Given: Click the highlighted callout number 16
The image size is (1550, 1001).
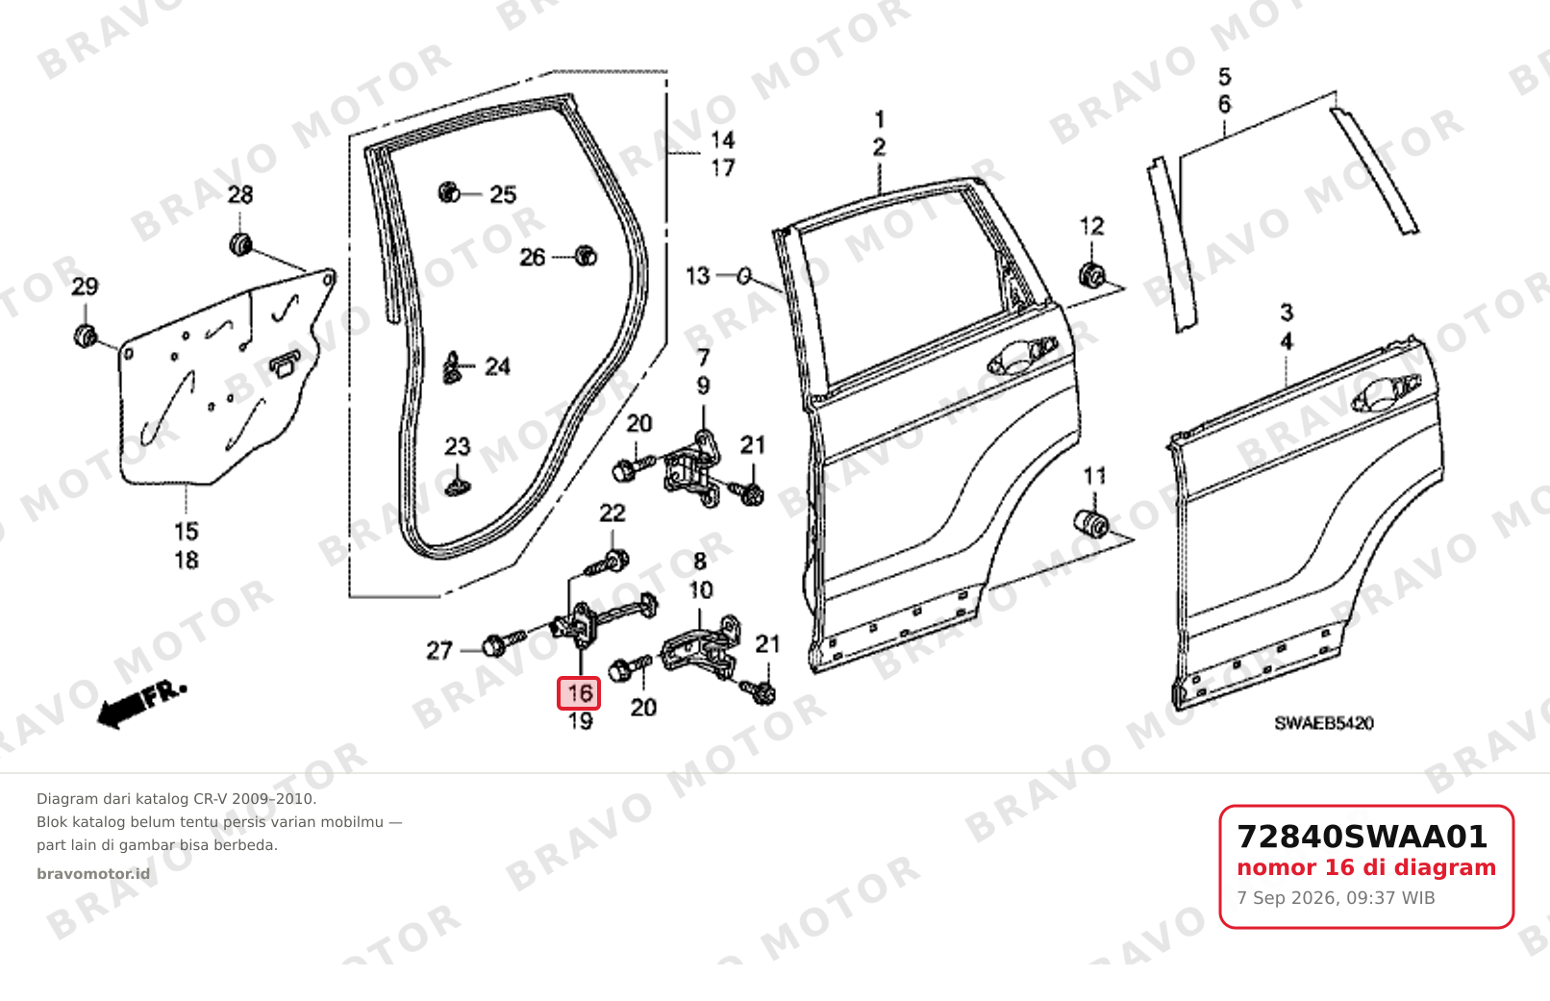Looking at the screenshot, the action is pyautogui.click(x=579, y=693).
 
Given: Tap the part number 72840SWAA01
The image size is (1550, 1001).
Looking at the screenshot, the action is pyautogui.click(x=1362, y=837).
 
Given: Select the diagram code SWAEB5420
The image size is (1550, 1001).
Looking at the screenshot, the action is pyautogui.click(x=1324, y=724).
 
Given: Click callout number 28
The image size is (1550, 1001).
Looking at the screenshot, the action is pyautogui.click(x=240, y=195).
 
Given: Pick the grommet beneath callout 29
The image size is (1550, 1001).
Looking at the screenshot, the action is pyautogui.click(x=86, y=336).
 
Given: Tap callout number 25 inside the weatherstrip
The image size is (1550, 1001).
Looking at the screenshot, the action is pyautogui.click(x=503, y=194).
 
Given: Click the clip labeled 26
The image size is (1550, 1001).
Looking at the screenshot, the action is pyautogui.click(x=587, y=256).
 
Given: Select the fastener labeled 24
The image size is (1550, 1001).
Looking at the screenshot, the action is pyautogui.click(x=453, y=368).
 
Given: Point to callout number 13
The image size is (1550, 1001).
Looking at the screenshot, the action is pyautogui.click(x=697, y=276).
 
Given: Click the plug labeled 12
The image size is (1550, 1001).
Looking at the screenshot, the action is pyautogui.click(x=1092, y=275).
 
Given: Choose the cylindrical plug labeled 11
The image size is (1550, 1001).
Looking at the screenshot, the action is pyautogui.click(x=1091, y=523).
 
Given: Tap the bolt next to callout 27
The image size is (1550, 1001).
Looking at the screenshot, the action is pyautogui.click(x=505, y=641).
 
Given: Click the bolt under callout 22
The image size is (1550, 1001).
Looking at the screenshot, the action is pyautogui.click(x=607, y=563).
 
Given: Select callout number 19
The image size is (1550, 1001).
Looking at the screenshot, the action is pyautogui.click(x=580, y=721).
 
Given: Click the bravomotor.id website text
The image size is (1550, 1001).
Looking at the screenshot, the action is pyautogui.click(x=93, y=874).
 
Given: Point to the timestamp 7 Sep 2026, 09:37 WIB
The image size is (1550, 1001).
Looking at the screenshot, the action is pyautogui.click(x=1336, y=898).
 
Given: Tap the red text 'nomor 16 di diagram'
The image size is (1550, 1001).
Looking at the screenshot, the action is pyautogui.click(x=1366, y=867).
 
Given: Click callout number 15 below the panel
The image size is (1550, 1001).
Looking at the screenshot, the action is pyautogui.click(x=187, y=532).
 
